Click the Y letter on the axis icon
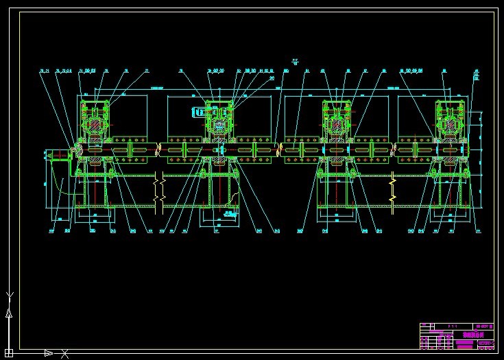click(9, 296)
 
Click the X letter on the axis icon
click(64, 354)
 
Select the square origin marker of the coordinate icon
click(9, 352)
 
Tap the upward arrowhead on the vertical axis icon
click(9, 313)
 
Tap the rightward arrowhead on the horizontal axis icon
click(48, 353)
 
